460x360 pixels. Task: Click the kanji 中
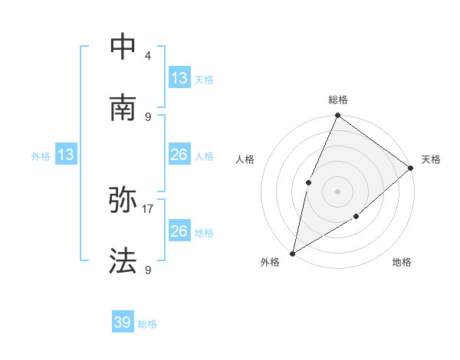pos(123,47)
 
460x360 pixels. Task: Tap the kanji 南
pos(123,108)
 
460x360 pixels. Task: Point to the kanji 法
pos(123,261)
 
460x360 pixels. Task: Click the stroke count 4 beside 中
pos(148,55)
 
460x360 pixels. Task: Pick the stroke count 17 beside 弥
pos(148,208)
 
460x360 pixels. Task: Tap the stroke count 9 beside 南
pos(148,116)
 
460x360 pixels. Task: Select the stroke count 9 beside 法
pos(148,269)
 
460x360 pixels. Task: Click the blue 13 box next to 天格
pos(179,78)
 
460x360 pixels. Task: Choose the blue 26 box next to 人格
pos(179,155)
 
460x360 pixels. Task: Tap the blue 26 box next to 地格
pos(179,231)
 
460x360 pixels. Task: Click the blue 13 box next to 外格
pos(66,155)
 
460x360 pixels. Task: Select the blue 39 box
pos(123,322)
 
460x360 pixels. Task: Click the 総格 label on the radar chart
pos(338,100)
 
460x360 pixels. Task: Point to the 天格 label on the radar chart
pos(432,159)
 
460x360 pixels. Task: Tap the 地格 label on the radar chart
pos(402,262)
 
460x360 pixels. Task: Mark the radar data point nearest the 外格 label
pos(292,253)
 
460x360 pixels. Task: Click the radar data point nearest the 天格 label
pos(411,168)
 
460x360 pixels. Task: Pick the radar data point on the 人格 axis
pos(308,182)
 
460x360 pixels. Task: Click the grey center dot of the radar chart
pos(337,191)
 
